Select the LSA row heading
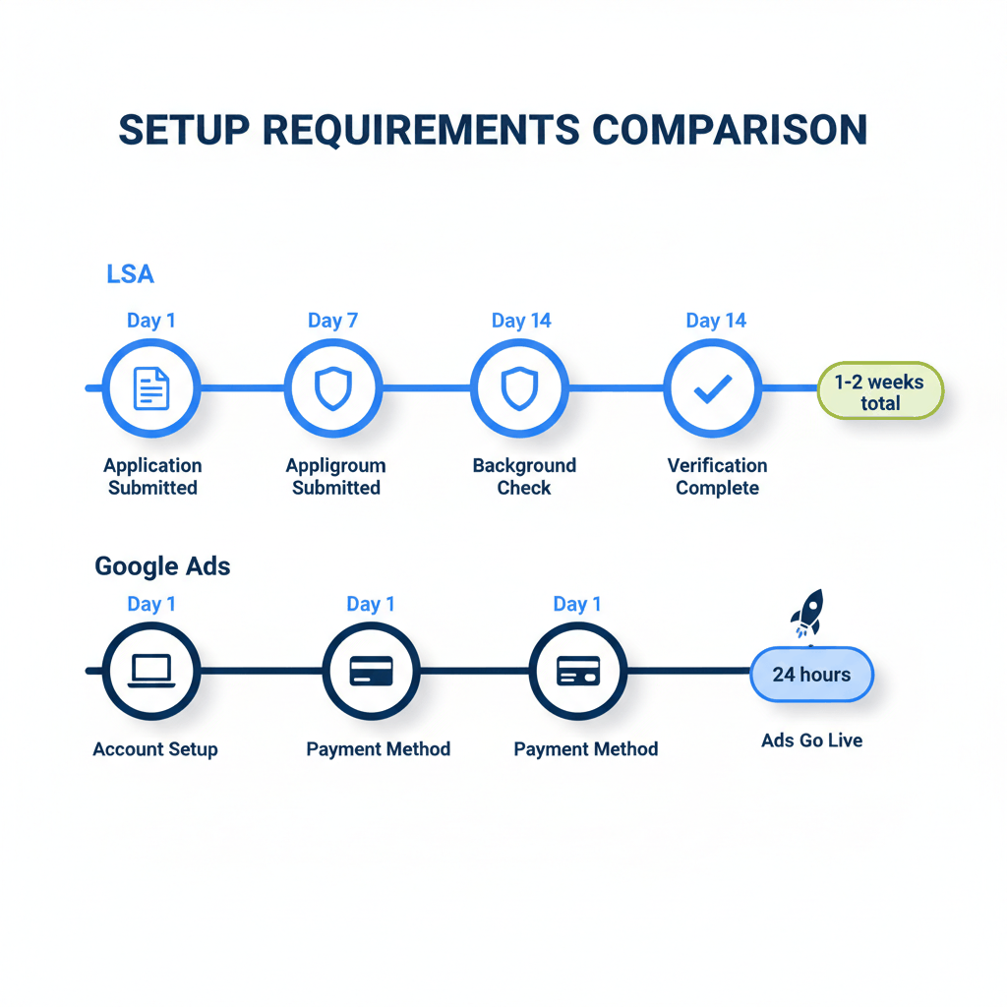tap(130, 274)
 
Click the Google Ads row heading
tap(162, 566)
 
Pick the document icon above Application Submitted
tap(151, 388)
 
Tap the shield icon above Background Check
tap(518, 388)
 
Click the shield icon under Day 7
tap(332, 388)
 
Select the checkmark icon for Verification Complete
tap(712, 388)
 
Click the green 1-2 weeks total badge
tap(880, 391)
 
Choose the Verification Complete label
tap(717, 477)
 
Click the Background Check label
tap(524, 477)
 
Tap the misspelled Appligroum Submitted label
tap(335, 477)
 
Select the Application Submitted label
tap(152, 477)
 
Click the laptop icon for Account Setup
tap(151, 671)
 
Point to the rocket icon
tap(806, 614)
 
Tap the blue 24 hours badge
tap(811, 675)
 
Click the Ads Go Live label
tap(811, 740)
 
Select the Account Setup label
tap(155, 749)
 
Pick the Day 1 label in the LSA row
tap(151, 321)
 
